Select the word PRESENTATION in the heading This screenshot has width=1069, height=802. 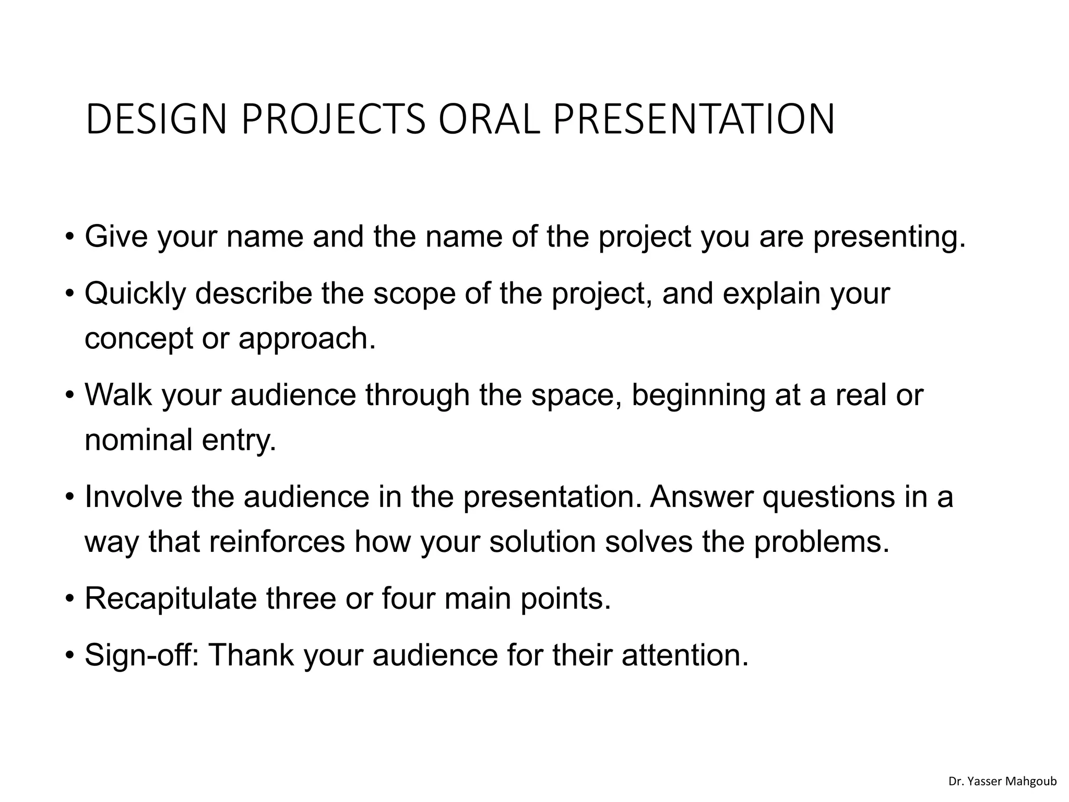[694, 120]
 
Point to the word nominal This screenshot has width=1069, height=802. [138, 440]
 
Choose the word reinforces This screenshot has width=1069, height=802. [277, 541]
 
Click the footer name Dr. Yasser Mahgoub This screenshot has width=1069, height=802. [1002, 781]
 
